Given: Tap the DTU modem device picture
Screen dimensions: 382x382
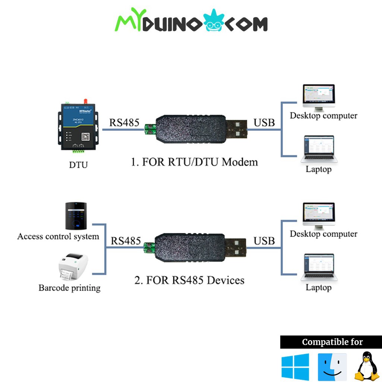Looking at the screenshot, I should coord(78,127).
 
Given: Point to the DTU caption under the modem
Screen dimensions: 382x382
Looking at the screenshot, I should coord(78,165).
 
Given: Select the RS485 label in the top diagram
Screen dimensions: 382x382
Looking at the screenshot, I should coord(124,122).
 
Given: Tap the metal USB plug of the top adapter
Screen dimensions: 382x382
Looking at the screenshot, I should coord(237,129).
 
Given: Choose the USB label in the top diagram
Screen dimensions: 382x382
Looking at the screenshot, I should coord(264,122).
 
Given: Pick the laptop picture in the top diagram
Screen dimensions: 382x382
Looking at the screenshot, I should coord(319,149).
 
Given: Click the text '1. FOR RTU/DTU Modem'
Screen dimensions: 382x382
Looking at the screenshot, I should coord(194,162).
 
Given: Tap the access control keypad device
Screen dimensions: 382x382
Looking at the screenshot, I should coord(76,216).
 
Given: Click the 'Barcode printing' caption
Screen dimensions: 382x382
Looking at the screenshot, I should coord(69,288).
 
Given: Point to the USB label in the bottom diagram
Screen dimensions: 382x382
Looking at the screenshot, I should coord(264,241).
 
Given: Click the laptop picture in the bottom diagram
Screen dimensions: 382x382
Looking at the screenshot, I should coord(319,267).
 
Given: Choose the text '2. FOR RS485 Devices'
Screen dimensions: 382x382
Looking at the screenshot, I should coord(190,280).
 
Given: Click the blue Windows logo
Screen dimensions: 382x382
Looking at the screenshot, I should coord(295,367).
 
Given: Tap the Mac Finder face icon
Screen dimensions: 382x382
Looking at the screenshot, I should coord(332,367).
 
